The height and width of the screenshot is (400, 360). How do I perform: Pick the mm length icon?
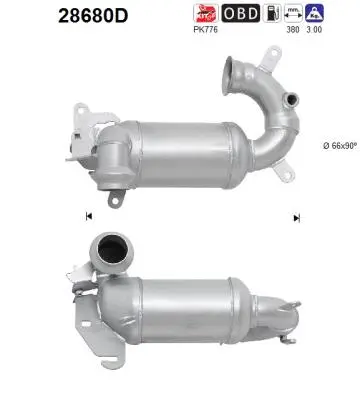294,13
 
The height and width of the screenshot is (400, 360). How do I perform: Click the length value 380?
294,29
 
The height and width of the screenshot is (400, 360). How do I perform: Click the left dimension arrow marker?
89,217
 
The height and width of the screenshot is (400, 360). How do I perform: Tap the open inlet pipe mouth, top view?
241,71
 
